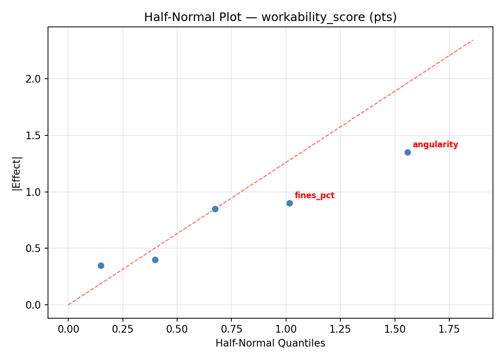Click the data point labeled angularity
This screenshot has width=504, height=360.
408,152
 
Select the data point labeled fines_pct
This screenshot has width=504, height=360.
289,203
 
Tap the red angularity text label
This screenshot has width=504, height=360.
435,144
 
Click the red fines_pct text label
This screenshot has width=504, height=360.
314,195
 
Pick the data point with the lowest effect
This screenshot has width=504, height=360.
101,265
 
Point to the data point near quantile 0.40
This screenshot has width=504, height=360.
155,260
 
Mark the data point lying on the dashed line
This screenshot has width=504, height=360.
215,209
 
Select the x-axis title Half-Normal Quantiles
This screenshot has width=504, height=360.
270,343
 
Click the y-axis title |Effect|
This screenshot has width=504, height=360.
17,173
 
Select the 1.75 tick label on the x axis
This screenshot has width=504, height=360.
449,329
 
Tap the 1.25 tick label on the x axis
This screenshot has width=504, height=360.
340,329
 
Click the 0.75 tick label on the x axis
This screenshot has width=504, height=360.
231,329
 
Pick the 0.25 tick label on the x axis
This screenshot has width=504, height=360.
122,329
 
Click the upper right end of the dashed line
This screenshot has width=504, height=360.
473,40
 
